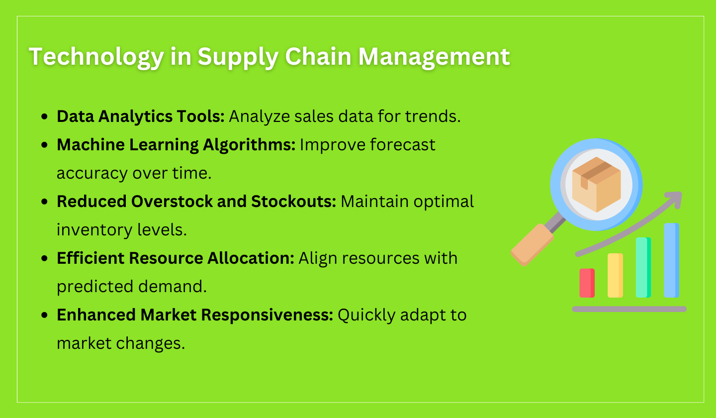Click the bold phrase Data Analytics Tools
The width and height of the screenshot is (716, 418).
[141, 116]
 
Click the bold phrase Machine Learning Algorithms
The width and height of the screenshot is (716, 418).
[176, 145]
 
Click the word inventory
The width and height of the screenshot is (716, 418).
[95, 230]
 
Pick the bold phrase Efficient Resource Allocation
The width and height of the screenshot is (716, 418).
[176, 258]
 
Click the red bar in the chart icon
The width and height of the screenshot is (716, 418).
[587, 283]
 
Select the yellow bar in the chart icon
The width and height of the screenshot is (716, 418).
[615, 276]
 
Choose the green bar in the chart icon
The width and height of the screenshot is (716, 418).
[643, 268]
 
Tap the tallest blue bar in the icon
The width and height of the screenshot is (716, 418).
[671, 260]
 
